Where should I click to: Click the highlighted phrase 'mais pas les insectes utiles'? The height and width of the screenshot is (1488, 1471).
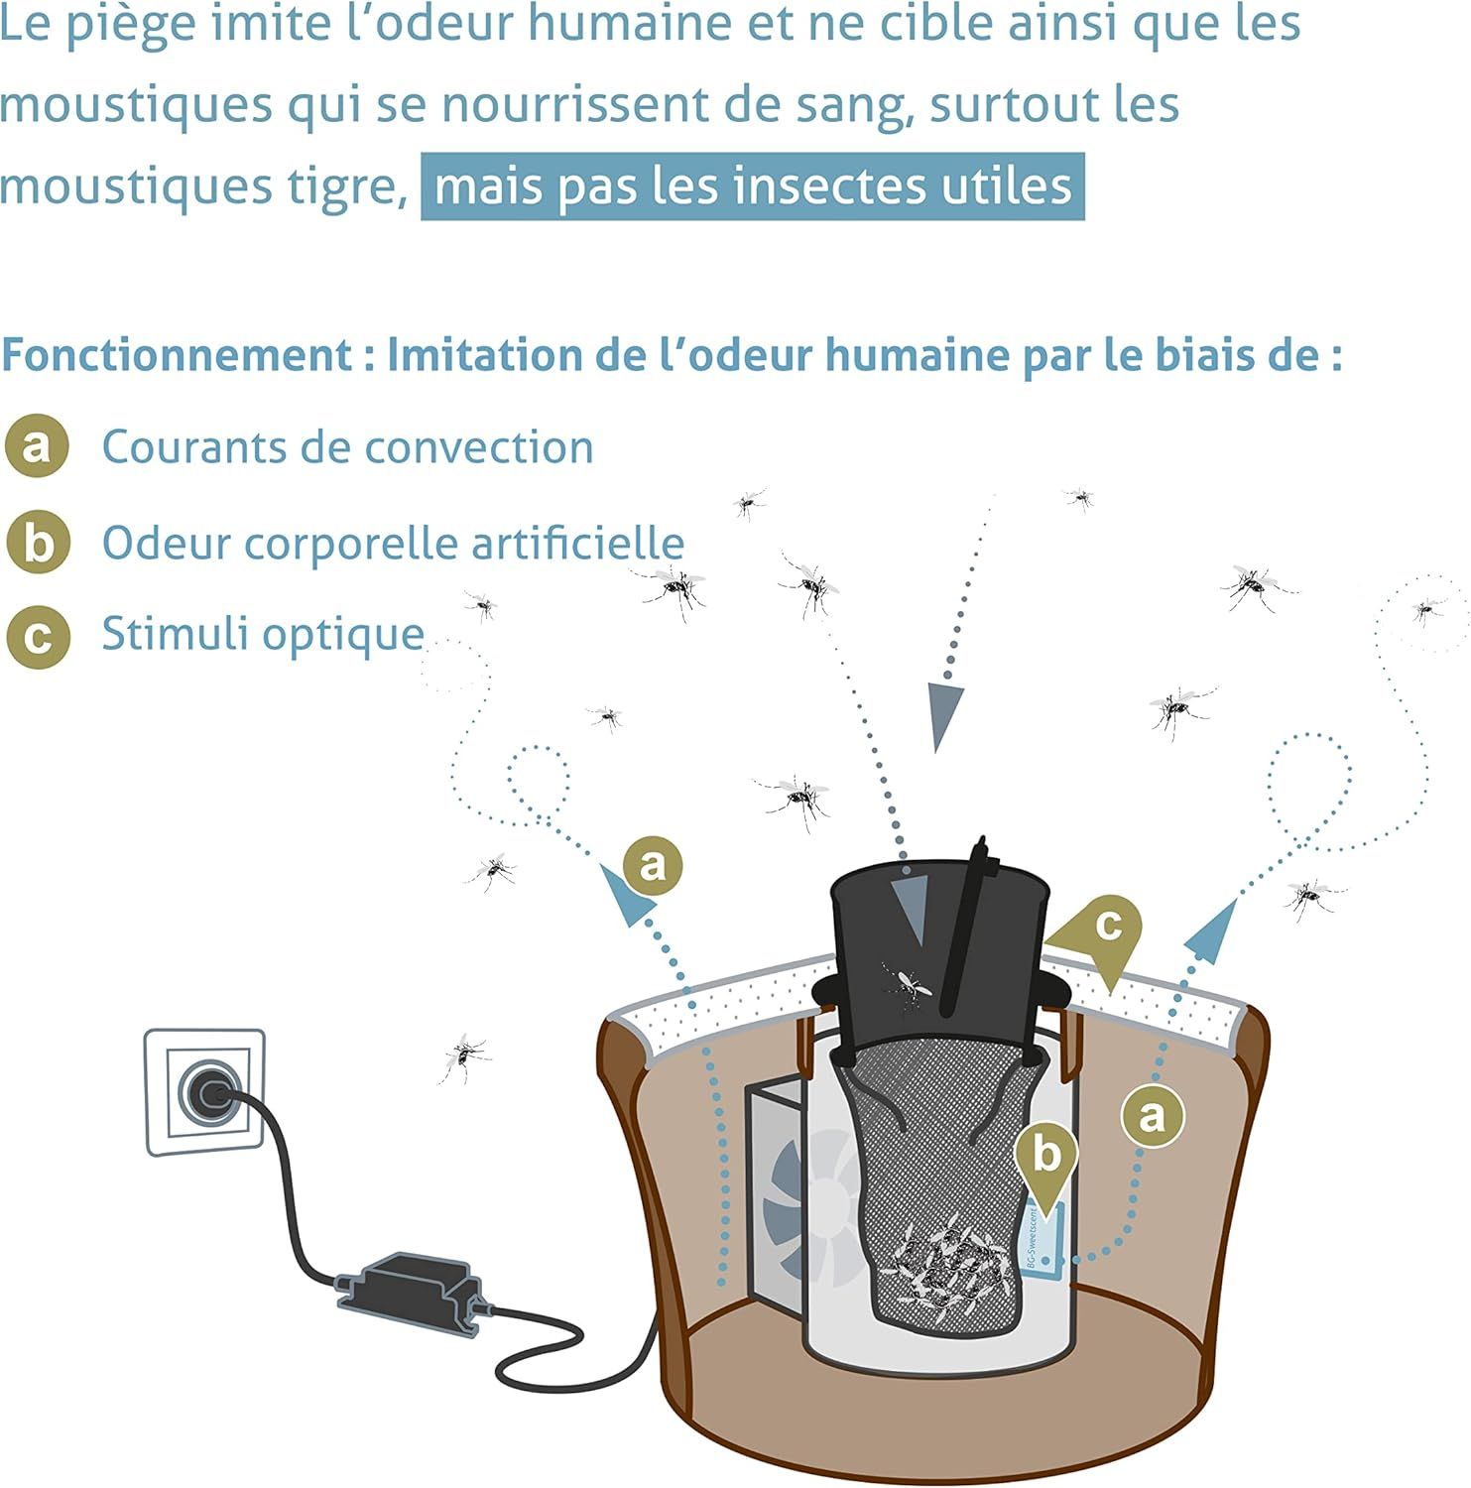[753, 186]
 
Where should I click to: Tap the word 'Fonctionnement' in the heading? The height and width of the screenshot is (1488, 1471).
[177, 355]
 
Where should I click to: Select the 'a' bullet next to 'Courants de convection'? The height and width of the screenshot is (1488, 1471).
[37, 446]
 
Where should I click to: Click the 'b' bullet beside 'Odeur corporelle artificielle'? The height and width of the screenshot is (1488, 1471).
[37, 543]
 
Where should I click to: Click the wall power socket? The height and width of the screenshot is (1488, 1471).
[205, 1092]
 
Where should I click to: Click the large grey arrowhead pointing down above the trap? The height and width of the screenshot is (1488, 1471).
[946, 715]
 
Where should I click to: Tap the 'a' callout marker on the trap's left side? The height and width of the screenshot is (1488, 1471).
[653, 864]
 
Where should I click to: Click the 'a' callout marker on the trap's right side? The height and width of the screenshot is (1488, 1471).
[1152, 1116]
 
